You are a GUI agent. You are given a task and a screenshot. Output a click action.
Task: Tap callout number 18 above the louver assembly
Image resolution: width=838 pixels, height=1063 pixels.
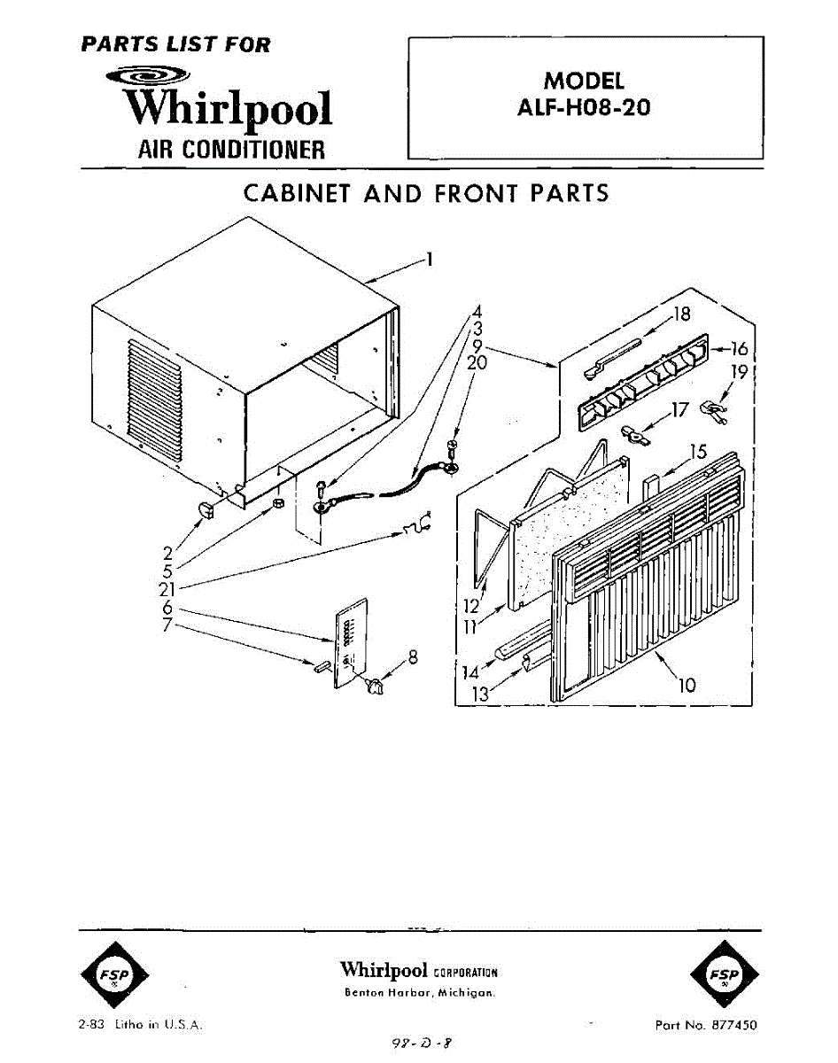click(681, 313)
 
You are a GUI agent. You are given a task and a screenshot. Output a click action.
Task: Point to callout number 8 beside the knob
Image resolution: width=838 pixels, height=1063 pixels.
click(412, 657)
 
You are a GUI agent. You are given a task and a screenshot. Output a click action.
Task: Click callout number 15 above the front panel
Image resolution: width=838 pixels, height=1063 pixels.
click(699, 452)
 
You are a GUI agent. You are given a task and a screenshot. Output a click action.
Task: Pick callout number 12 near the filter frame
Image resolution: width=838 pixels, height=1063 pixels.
click(470, 607)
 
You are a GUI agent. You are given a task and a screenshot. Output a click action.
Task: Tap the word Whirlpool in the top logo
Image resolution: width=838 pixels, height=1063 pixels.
click(229, 109)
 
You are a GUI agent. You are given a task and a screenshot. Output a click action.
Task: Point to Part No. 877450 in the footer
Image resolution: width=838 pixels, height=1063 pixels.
click(705, 1025)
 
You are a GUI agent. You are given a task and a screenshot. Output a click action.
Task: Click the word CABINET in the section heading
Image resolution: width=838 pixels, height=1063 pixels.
click(298, 194)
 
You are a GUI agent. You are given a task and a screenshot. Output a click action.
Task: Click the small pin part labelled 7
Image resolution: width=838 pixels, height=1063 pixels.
click(321, 665)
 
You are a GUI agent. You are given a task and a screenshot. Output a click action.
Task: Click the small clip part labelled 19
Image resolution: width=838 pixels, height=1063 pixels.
click(711, 408)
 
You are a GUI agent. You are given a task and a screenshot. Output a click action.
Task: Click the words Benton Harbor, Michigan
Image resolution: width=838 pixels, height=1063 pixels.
click(419, 993)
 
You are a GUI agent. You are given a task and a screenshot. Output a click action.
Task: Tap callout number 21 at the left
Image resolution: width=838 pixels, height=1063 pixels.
click(167, 589)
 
